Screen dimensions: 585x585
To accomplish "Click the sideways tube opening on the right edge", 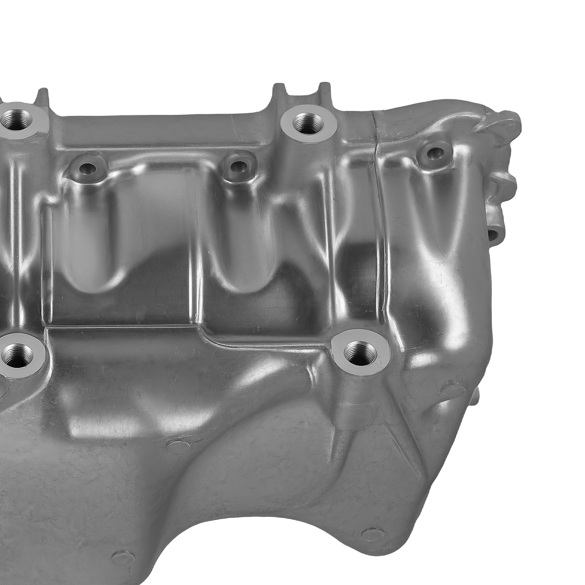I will pos(495,233).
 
